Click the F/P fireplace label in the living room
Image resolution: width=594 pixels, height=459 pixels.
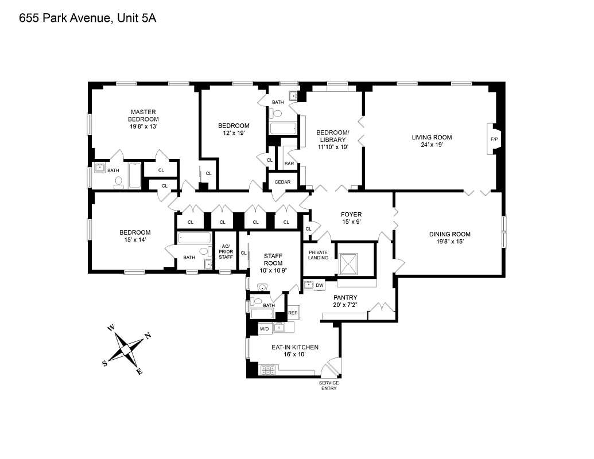point(494,139)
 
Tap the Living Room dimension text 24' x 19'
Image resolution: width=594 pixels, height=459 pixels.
point(432,145)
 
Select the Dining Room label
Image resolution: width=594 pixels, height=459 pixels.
point(450,234)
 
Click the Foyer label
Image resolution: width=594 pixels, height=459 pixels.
point(351,215)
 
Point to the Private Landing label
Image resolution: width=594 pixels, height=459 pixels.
point(319,255)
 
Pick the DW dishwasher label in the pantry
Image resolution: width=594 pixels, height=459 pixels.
point(320,285)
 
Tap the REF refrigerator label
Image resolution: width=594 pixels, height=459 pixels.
point(293,313)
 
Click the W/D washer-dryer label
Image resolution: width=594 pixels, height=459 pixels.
point(264,329)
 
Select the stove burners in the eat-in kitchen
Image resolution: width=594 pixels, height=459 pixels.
point(268,370)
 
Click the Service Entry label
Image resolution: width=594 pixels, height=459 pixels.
point(329,386)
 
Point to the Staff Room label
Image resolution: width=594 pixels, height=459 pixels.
point(274,259)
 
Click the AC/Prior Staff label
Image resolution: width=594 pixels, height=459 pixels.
point(226,252)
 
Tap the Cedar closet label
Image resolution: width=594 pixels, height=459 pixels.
point(282,182)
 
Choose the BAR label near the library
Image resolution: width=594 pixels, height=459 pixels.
point(289,164)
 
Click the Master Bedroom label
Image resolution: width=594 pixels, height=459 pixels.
point(143,115)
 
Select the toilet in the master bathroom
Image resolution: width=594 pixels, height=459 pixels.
point(119,182)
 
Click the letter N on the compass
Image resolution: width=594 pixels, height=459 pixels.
point(147,336)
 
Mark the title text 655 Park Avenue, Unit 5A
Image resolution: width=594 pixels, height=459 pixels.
point(88,18)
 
